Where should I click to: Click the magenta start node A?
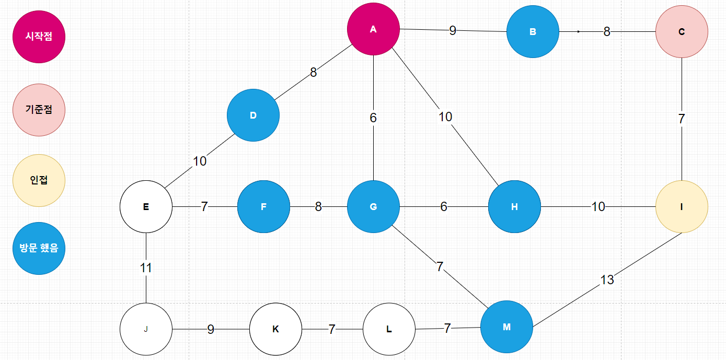pyautogui.click(x=373, y=29)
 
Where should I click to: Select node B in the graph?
pyautogui.click(x=533, y=31)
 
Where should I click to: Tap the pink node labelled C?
pyautogui.click(x=682, y=31)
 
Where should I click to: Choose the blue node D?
pyautogui.click(x=253, y=115)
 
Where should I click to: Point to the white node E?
pyautogui.click(x=146, y=206)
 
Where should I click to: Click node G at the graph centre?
pyautogui.click(x=373, y=206)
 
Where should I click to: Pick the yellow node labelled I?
pyautogui.click(x=682, y=206)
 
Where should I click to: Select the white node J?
pyautogui.click(x=146, y=329)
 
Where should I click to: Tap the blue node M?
pyautogui.click(x=506, y=327)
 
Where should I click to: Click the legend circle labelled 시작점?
pyautogui.click(x=39, y=37)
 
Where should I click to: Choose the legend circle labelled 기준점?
pyautogui.click(x=39, y=110)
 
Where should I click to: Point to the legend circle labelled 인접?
pyautogui.click(x=39, y=180)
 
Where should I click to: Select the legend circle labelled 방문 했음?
pyautogui.click(x=39, y=248)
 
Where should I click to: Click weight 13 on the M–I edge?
pyautogui.click(x=607, y=280)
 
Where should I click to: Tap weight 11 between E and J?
pyautogui.click(x=146, y=268)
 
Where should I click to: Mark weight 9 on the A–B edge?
pyautogui.click(x=453, y=30)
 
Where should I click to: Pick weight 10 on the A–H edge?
pyautogui.click(x=445, y=117)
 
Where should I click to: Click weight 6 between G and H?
pyautogui.click(x=444, y=206)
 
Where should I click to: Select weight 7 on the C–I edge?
pyautogui.click(x=682, y=119)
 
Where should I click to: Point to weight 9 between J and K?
pyautogui.click(x=211, y=329)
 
